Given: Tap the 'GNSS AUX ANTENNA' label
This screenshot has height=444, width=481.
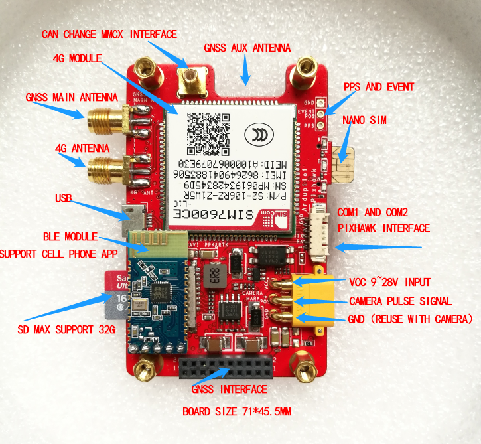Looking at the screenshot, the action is point(247,48).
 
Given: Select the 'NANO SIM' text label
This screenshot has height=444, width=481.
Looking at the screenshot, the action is point(364,120).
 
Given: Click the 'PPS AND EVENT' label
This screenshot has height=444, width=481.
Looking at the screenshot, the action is point(379,87).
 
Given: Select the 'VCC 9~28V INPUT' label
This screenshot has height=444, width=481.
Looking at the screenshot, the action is point(395,281).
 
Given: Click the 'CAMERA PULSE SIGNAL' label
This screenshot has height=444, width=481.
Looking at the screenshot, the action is point(400,301).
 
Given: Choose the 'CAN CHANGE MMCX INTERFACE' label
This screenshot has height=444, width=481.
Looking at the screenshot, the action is point(109,34).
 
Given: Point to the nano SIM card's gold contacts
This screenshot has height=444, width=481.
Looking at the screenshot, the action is point(346,166).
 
